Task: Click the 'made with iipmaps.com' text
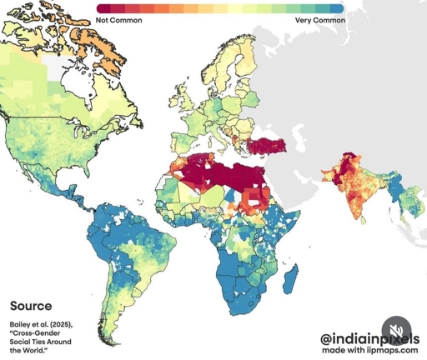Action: (x=369, y=351)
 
